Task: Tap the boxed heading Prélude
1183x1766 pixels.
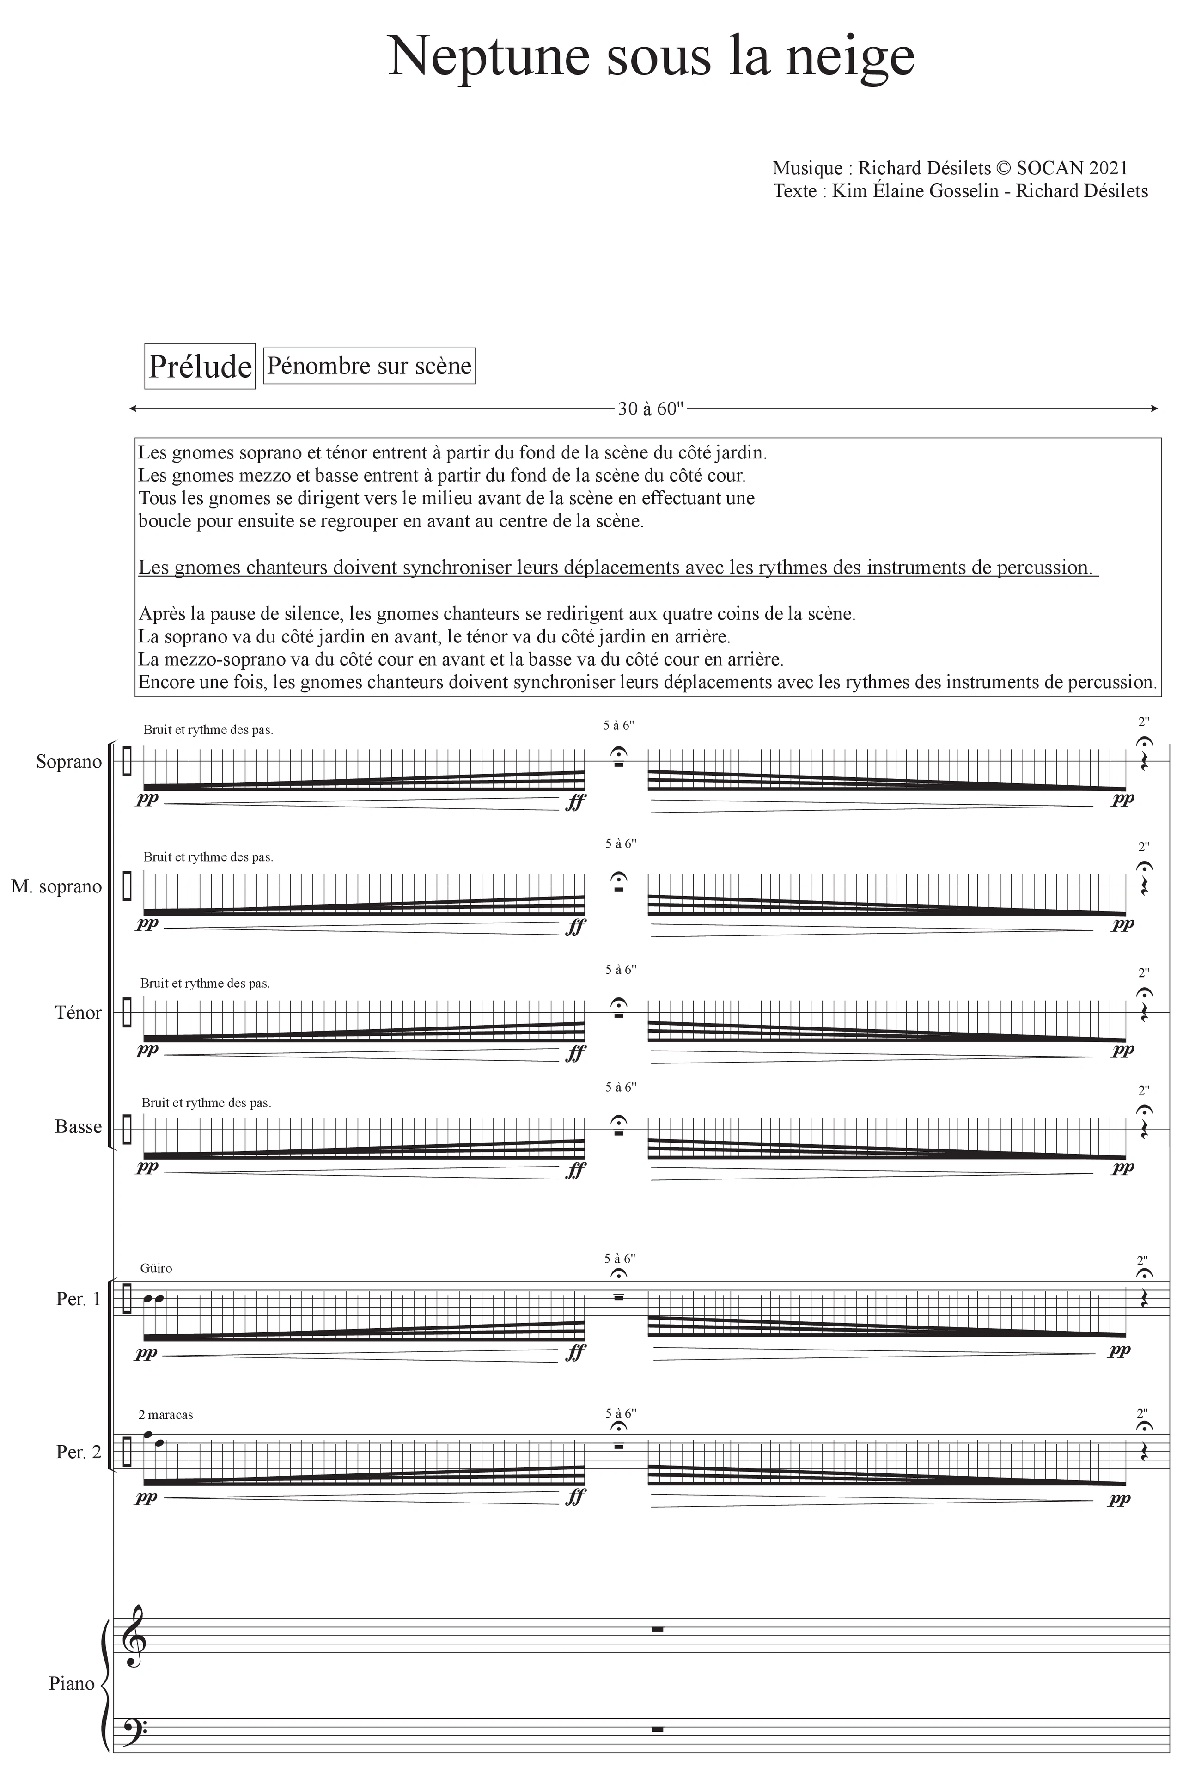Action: point(200,367)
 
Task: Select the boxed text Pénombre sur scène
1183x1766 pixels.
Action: point(369,366)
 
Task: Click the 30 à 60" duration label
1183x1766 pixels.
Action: point(650,409)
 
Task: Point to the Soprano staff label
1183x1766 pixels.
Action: point(69,762)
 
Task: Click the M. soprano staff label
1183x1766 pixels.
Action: point(56,887)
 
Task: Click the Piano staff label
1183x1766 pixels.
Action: point(72,1684)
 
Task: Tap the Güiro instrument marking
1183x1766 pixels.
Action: point(156,1268)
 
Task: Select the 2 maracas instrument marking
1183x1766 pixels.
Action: point(166,1415)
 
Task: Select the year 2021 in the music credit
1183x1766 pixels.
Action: point(1108,168)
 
